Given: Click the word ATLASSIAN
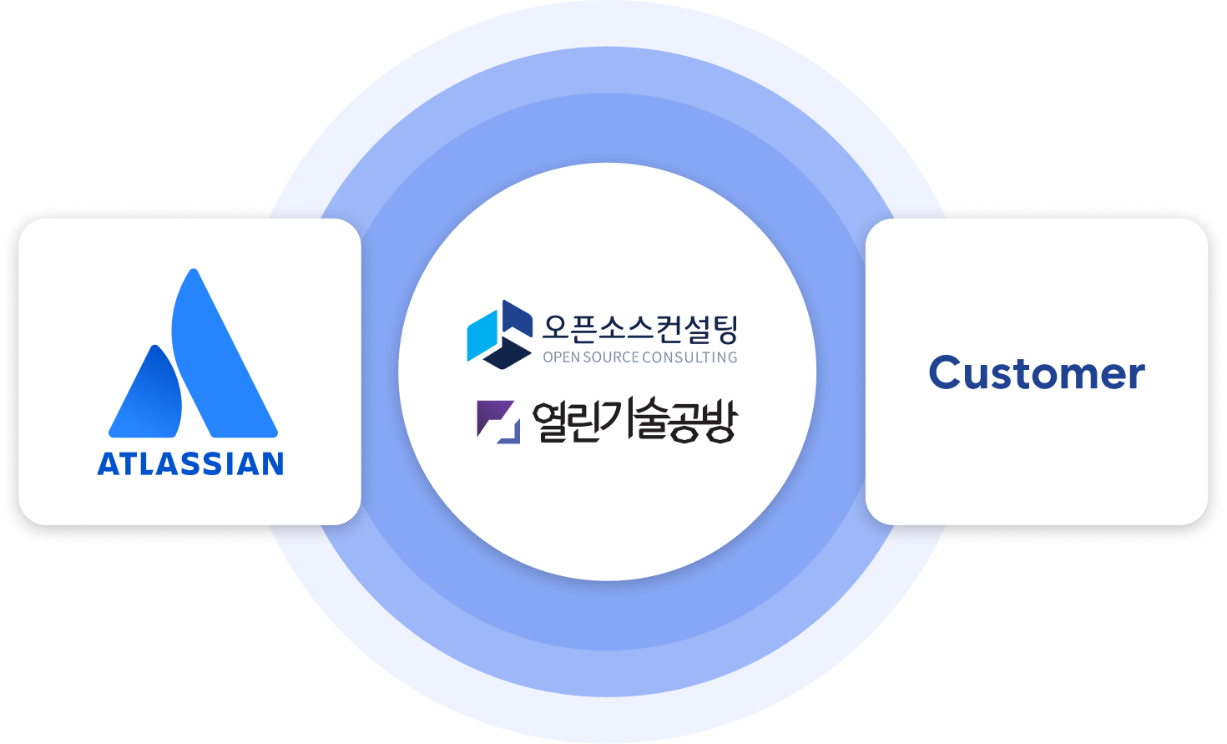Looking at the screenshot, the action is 190,463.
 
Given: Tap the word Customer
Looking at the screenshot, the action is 1036,373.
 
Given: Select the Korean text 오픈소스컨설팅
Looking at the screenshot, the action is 639,328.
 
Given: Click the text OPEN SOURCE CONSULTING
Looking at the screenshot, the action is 639,357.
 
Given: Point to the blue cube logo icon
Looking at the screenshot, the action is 499,334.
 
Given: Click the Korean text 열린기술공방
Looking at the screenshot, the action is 634,421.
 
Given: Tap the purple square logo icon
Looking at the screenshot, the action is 497,421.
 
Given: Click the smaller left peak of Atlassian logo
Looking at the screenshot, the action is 149,397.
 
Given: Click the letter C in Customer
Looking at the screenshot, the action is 949,373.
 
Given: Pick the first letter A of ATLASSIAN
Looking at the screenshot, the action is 108,464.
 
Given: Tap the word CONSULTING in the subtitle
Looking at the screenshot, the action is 690,357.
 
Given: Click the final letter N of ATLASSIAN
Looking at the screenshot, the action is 272,464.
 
